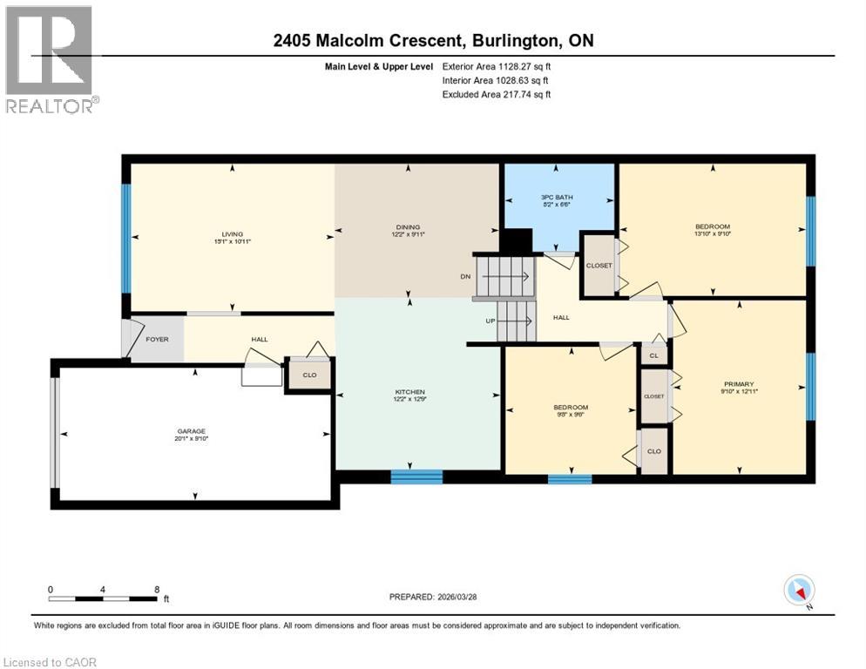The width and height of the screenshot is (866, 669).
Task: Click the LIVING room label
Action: (232, 233)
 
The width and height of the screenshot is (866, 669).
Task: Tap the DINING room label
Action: (408, 228)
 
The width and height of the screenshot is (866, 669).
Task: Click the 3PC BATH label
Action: (558, 199)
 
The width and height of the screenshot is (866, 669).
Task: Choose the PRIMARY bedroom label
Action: (738, 383)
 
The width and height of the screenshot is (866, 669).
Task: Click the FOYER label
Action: (157, 340)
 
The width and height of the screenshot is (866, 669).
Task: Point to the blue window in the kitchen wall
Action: (416, 476)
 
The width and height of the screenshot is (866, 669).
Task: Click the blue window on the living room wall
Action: (126, 238)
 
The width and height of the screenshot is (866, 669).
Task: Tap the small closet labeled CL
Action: (653, 355)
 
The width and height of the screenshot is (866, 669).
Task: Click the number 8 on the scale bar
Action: (156, 589)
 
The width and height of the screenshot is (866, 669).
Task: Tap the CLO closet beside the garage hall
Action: (309, 375)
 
